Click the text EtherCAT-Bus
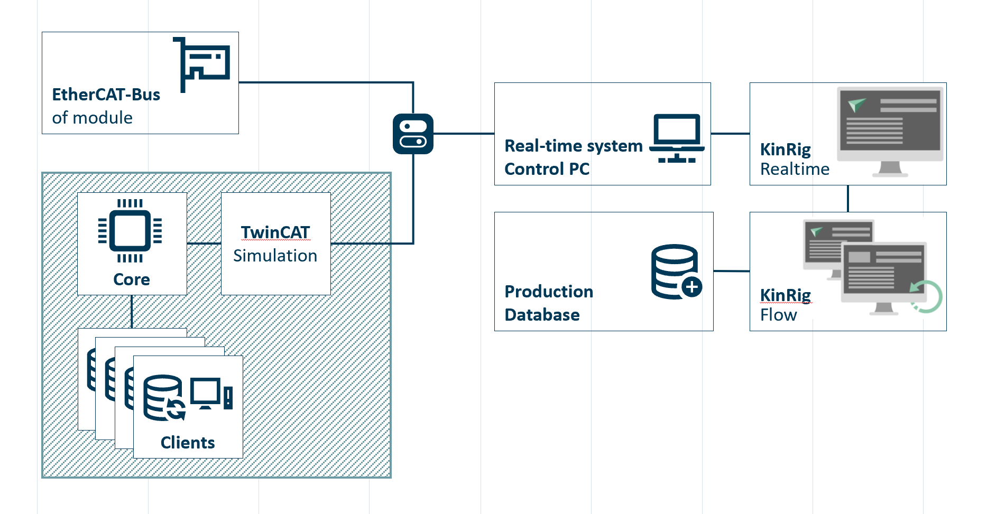[106, 95]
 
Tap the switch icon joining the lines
[413, 134]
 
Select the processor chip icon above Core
[130, 231]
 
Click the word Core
[132, 279]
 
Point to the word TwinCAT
[275, 232]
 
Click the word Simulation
[275, 256]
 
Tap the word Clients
[188, 443]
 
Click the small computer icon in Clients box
[211, 394]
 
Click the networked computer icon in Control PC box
[677, 139]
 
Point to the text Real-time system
[574, 146]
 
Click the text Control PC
[547, 169]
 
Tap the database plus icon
[676, 272]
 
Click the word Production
[549, 292]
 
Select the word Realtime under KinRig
[795, 169]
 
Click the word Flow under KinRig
[778, 315]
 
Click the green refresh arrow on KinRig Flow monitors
[926, 296]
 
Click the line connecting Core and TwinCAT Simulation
[204, 244]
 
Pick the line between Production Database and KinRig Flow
[731, 271]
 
